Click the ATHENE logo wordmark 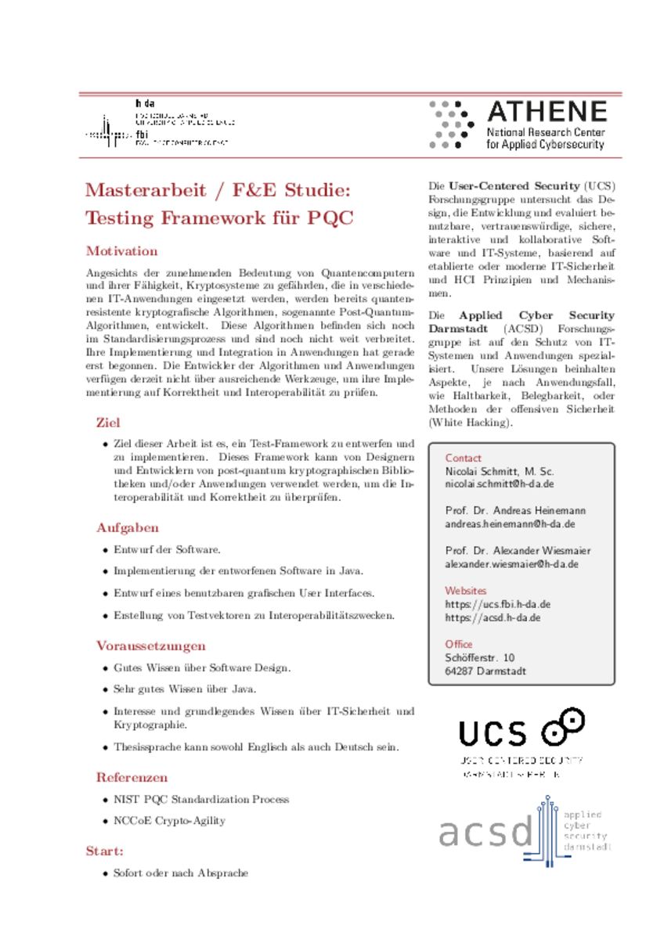click(546, 111)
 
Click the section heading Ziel click(108, 423)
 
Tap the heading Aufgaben click(128, 527)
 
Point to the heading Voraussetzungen click(151, 646)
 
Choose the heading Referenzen click(132, 777)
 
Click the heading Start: click(104, 851)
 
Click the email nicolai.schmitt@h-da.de click(500, 485)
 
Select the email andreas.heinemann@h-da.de click(511, 524)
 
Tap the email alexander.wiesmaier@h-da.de click(512, 563)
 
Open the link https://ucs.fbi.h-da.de click(498, 604)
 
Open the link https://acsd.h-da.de click(493, 617)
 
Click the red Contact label click(464, 458)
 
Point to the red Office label click(459, 644)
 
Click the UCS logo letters click(493, 733)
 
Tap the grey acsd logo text click(485, 833)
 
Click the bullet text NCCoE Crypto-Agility click(169, 821)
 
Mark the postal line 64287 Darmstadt click(485, 671)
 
